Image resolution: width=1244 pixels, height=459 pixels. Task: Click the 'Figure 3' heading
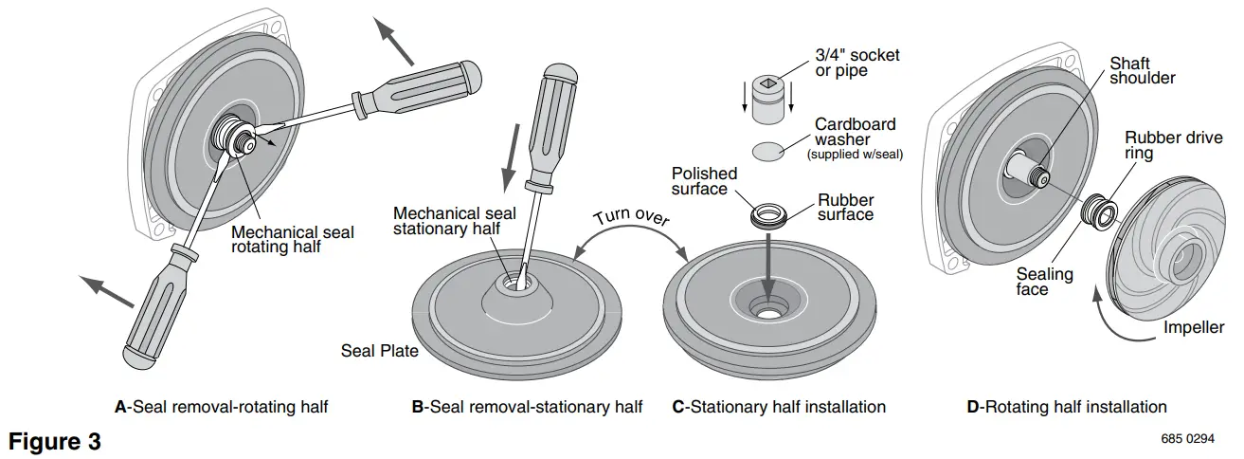tap(54, 441)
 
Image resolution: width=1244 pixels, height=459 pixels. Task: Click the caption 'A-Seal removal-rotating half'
tap(221, 407)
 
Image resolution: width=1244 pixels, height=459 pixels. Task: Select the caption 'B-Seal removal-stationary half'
tap(527, 407)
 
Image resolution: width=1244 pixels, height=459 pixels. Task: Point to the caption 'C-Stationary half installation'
tap(778, 407)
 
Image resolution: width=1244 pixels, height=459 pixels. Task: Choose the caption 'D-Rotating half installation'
tap(1066, 407)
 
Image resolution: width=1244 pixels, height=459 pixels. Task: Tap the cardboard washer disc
tap(769, 151)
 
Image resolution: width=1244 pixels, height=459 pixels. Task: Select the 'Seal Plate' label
tap(379, 351)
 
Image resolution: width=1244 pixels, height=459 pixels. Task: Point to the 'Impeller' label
tap(1194, 327)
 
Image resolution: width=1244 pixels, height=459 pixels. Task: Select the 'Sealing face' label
tap(1044, 282)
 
